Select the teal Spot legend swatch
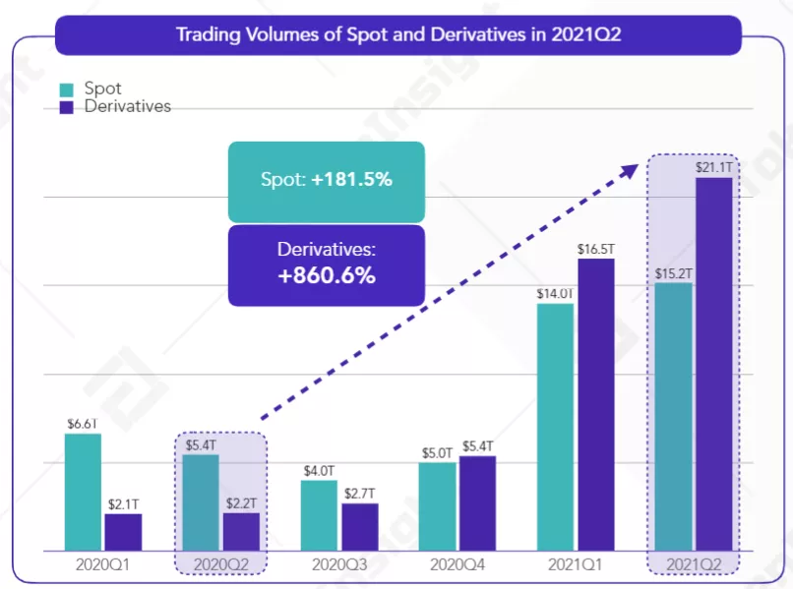pyautogui.click(x=66, y=89)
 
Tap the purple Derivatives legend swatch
pyautogui.click(x=66, y=106)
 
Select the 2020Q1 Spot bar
pyautogui.click(x=83, y=492)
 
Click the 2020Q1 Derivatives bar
pyautogui.click(x=123, y=532)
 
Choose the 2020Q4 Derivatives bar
pyautogui.click(x=477, y=502)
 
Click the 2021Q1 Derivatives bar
pyautogui.click(x=595, y=404)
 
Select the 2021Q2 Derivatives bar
pyautogui.click(x=713, y=364)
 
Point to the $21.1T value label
pyautogui.click(x=713, y=167)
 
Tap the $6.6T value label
pyautogui.click(x=83, y=424)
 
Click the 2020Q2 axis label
pyautogui.click(x=220, y=565)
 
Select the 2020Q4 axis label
pyautogui.click(x=457, y=565)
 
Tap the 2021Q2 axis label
pyautogui.click(x=693, y=565)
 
